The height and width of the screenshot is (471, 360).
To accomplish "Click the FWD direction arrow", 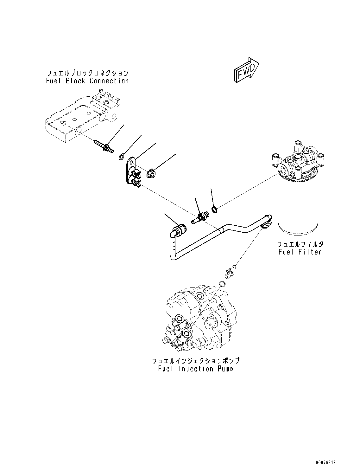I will pos(247,70).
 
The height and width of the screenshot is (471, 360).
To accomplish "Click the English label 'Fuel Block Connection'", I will pos(87,81).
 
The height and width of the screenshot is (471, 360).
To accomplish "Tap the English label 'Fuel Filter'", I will pos(300,252).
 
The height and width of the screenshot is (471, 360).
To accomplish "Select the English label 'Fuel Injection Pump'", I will pos(195,369).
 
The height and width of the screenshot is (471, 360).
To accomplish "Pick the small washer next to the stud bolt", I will pos(121,156).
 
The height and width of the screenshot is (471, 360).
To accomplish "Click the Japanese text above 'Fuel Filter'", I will pos(300,244).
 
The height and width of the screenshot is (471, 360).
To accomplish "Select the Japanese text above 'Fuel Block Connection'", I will pos(87,72).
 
